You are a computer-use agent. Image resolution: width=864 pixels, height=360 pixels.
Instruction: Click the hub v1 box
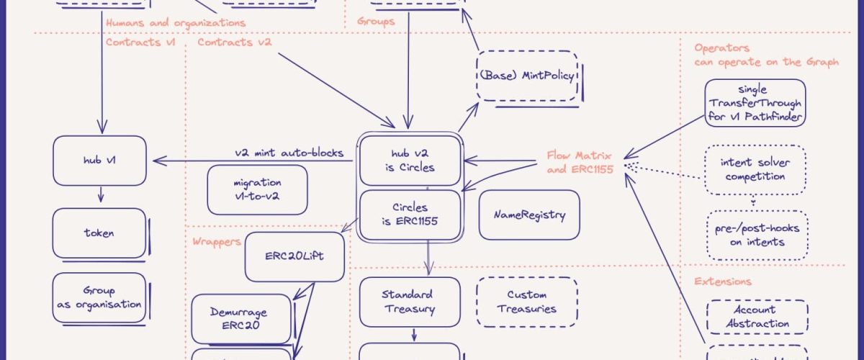[99, 160]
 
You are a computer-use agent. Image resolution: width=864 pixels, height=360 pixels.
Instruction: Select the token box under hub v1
[99, 233]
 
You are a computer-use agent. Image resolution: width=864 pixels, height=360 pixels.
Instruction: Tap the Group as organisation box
[99, 297]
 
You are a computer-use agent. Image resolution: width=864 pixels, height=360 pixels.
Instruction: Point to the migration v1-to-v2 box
[257, 189]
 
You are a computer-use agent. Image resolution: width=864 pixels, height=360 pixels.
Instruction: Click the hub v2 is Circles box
[409, 160]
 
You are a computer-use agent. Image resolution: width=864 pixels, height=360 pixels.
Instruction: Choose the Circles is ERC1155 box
[409, 215]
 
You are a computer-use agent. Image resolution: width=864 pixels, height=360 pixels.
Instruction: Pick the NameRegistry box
[529, 215]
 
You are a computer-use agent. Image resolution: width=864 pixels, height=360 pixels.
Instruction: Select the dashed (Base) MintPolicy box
[528, 76]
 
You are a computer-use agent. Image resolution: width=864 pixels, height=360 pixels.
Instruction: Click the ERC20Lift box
[294, 256]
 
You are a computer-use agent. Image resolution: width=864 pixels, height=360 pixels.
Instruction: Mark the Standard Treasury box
[408, 302]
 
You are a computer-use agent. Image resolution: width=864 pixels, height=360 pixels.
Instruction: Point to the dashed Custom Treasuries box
[527, 302]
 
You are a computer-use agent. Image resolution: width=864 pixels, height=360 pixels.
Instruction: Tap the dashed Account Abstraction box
[757, 317]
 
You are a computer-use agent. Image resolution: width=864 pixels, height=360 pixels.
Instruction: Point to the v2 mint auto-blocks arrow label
[289, 153]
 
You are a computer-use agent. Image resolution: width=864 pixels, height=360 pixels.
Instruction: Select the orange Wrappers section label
[217, 242]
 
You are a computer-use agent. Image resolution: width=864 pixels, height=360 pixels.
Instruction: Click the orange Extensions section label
[722, 282]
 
